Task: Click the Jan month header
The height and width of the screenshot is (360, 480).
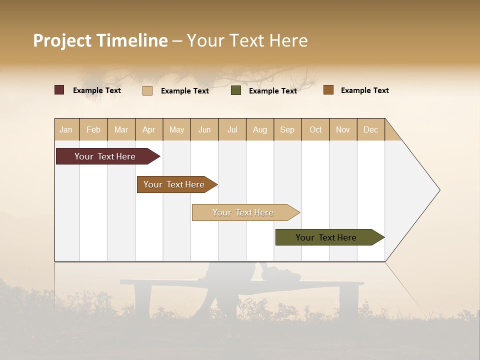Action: pos(66,129)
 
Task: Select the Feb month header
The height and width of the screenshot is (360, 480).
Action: pos(93,129)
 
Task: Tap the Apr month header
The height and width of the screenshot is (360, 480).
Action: pos(148,129)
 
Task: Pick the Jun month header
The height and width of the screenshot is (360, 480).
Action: pos(204,129)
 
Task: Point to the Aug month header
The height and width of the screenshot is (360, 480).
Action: pos(260,129)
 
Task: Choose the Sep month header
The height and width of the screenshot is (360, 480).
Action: pos(287,129)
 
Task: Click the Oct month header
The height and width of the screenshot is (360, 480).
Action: pos(315,129)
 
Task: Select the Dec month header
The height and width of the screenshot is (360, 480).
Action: pos(370,129)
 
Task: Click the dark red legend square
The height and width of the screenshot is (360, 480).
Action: pos(59,90)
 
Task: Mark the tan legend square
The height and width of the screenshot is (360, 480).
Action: pos(147,90)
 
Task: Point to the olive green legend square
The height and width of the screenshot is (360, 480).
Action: pos(236,90)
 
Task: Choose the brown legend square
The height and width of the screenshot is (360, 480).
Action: pos(328,90)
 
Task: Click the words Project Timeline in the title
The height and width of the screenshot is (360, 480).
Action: pos(100,40)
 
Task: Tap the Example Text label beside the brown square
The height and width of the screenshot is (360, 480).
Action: pos(364,90)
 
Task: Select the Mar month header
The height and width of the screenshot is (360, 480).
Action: pos(121,129)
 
